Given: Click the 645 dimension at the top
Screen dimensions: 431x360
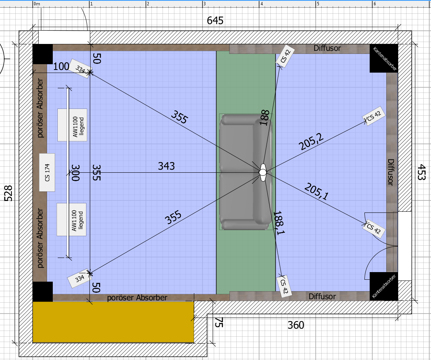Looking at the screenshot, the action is pyautogui.click(x=215, y=21).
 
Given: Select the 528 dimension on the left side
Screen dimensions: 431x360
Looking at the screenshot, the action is pyautogui.click(x=8, y=193).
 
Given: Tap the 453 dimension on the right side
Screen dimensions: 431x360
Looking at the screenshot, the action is pyautogui.click(x=421, y=172).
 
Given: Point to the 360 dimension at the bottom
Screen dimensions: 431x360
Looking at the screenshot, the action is pyautogui.click(x=296, y=325).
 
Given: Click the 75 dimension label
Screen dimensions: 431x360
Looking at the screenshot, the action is pyautogui.click(x=218, y=323).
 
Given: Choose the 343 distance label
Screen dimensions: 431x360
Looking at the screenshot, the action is pyautogui.click(x=166, y=166).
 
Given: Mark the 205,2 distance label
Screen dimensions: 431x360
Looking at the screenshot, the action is pyautogui.click(x=311, y=141).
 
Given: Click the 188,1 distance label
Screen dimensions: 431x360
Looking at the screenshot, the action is pyautogui.click(x=279, y=223).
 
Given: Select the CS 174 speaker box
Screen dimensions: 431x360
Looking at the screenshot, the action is pyautogui.click(x=47, y=172).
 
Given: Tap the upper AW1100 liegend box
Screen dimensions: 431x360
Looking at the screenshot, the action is pyautogui.click(x=72, y=125).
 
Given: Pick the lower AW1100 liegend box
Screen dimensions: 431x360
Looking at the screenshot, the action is pyautogui.click(x=72, y=219).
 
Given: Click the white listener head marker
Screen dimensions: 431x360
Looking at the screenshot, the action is pyautogui.click(x=263, y=172).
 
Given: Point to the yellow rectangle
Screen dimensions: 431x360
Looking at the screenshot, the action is pyautogui.click(x=113, y=322).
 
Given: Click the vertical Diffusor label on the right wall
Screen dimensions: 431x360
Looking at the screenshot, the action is pyautogui.click(x=390, y=172).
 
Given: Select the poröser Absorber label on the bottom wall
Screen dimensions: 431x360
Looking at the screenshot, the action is pyautogui.click(x=137, y=298).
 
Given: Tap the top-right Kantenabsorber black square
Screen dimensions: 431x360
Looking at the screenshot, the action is pyautogui.click(x=384, y=58).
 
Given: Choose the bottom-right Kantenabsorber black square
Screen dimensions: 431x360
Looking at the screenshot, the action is pyautogui.click(x=384, y=286).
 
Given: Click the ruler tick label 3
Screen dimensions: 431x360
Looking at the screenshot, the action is pyautogui.click(x=205, y=4).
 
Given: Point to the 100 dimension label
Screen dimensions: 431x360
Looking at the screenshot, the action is pyautogui.click(x=61, y=66).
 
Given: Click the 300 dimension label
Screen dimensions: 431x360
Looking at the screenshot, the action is pyautogui.click(x=75, y=173).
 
